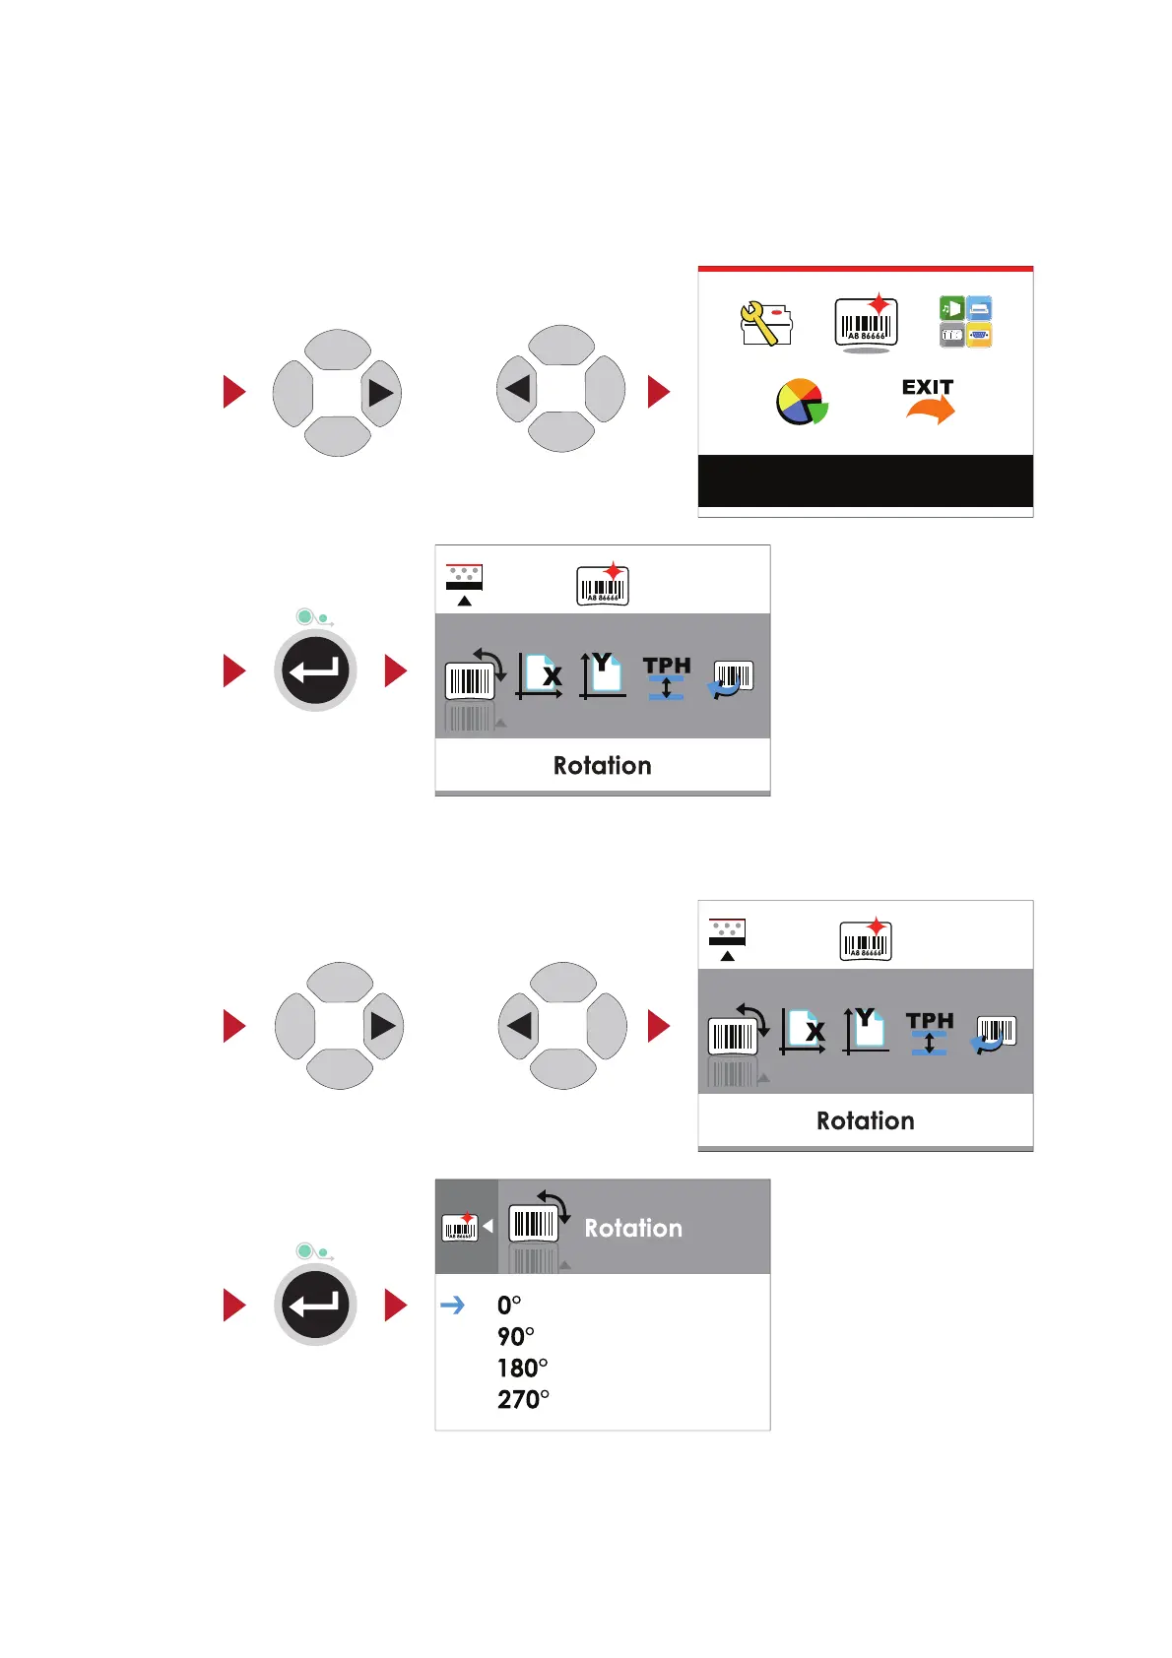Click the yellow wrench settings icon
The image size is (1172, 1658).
coord(765,323)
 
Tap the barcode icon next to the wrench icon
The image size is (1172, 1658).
coord(866,322)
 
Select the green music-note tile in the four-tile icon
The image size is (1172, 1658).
coord(951,308)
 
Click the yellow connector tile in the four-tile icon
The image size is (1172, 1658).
coord(979,335)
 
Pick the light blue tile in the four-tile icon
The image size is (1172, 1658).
coord(979,308)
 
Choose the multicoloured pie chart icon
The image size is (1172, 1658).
coord(802,402)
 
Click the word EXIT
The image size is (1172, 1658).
coord(928,387)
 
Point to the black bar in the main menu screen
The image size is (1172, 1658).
coord(865,480)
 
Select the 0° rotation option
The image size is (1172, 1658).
coord(509,1306)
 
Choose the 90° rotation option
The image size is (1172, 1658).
coord(515,1337)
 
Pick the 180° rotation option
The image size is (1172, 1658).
coord(522,1369)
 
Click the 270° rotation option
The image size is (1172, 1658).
coord(523,1400)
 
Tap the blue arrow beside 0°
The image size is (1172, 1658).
coord(452,1306)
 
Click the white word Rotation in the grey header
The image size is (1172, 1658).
coord(633,1228)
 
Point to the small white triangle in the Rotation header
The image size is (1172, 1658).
coord(488,1227)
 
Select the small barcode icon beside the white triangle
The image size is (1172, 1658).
coord(460,1228)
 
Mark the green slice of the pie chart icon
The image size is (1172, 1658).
coord(818,411)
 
